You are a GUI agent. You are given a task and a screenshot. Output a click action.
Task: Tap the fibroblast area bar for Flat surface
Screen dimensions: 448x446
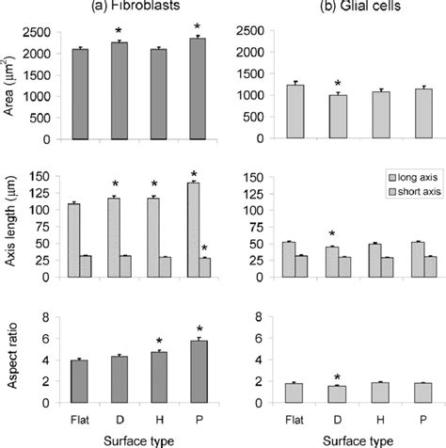(x=82, y=94)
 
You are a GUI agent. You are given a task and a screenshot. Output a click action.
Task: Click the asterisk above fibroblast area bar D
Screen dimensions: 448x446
(x=119, y=31)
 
